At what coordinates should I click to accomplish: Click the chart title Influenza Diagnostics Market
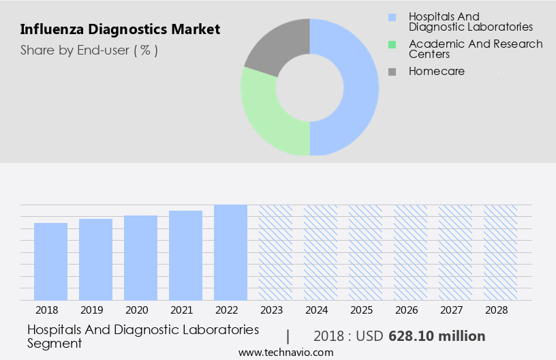click(x=120, y=29)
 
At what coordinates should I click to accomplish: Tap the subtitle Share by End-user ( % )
click(x=89, y=50)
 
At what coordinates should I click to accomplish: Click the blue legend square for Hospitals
click(x=392, y=17)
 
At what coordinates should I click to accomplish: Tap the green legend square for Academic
click(x=392, y=44)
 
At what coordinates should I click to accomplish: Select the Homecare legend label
click(x=436, y=71)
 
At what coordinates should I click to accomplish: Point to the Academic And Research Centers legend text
click(x=476, y=48)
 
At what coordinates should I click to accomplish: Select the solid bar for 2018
click(x=50, y=261)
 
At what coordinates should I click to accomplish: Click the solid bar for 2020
click(x=140, y=258)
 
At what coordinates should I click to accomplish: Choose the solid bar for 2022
click(x=230, y=252)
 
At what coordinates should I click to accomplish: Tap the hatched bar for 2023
click(x=275, y=252)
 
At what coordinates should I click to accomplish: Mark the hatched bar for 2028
click(x=500, y=252)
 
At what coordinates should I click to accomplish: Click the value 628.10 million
click(x=437, y=336)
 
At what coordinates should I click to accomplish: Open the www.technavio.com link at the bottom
click(x=285, y=352)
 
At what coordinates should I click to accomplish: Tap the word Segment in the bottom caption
click(x=55, y=344)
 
